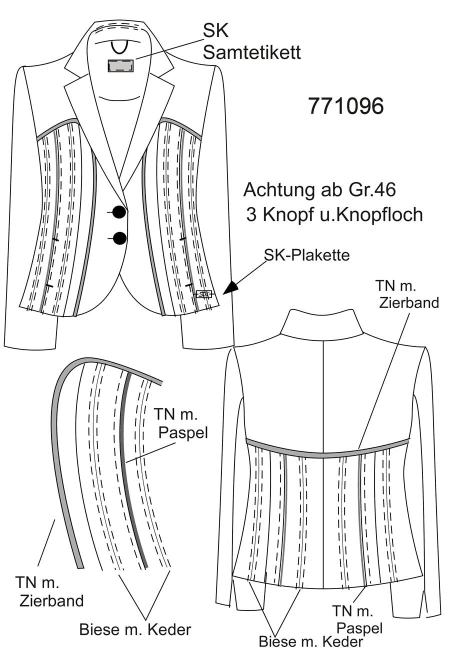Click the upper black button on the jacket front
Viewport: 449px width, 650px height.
pyautogui.click(x=119, y=212)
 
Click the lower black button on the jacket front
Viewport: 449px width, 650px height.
pyautogui.click(x=119, y=238)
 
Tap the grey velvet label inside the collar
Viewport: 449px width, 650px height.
pyautogui.click(x=120, y=65)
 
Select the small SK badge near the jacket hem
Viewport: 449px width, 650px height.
pyautogui.click(x=204, y=294)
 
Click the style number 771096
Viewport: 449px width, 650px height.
pyautogui.click(x=345, y=106)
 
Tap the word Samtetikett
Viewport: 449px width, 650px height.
pyautogui.click(x=251, y=53)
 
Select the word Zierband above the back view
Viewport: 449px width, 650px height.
pyautogui.click(x=409, y=303)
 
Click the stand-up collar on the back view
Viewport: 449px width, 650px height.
pyautogui.click(x=322, y=324)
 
